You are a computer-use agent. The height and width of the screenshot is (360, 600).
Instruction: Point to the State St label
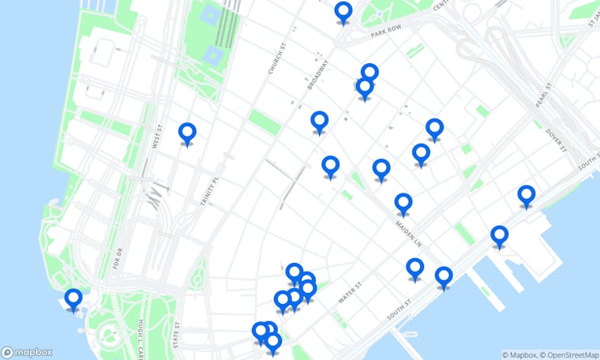(x=178, y=336)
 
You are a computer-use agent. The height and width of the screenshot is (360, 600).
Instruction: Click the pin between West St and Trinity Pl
(x=187, y=133)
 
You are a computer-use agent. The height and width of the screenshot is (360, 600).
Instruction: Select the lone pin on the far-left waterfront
(x=73, y=299)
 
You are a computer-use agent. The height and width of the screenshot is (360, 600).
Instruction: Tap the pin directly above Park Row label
(x=343, y=12)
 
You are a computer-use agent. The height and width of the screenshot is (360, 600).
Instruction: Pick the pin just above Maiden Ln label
(x=403, y=204)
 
